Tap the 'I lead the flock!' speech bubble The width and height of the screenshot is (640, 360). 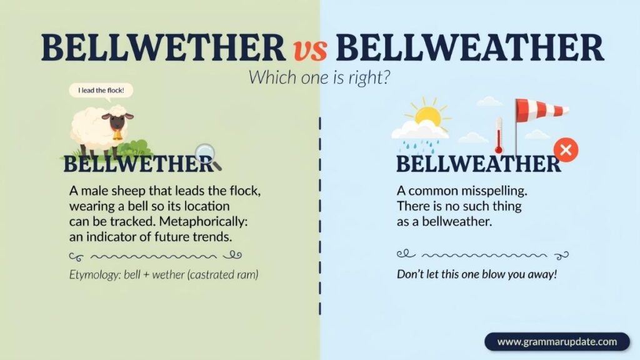pyautogui.click(x=101, y=90)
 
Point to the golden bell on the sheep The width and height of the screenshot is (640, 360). pyautogui.click(x=117, y=135)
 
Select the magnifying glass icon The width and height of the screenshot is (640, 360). pyautogui.click(x=207, y=156)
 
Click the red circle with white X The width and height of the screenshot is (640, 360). pyautogui.click(x=566, y=150)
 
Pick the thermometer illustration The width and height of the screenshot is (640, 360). pyautogui.click(x=498, y=136)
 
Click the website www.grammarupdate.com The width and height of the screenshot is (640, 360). pyautogui.click(x=557, y=342)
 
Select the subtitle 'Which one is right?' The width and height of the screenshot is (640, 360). pyautogui.click(x=319, y=77)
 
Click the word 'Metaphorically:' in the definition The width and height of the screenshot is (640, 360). pyautogui.click(x=204, y=221)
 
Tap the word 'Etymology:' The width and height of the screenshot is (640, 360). pyautogui.click(x=95, y=275)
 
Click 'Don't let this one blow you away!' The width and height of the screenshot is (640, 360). pyautogui.click(x=477, y=274)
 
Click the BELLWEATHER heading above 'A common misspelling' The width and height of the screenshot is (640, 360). pyautogui.click(x=478, y=164)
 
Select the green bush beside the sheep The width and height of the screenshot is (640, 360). pyautogui.click(x=139, y=147)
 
